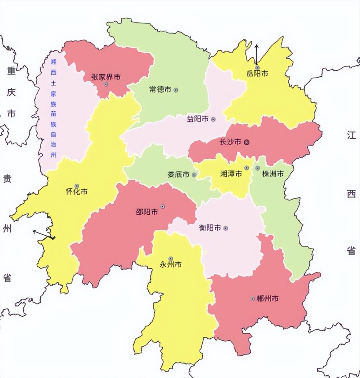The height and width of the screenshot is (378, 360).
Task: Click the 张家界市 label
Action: click(106, 77)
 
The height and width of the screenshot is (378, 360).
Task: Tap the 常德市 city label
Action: click(160, 90)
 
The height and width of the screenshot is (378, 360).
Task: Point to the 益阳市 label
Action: click(198, 119)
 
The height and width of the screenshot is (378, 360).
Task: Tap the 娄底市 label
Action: click(178, 175)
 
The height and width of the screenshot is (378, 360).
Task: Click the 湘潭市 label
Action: click(231, 174)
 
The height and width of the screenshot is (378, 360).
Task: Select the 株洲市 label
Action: click(273, 174)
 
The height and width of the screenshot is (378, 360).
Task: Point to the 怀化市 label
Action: click(76, 192)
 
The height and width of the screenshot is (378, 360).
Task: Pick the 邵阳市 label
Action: click(147, 212)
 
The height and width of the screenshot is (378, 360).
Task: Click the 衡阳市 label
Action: click(210, 228)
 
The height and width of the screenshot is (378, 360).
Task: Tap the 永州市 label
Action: click(171, 264)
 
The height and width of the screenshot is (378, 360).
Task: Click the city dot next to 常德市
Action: click(175, 90)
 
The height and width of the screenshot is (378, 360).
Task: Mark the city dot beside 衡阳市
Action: click(226, 228)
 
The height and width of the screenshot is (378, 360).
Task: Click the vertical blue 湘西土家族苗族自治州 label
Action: click(53, 108)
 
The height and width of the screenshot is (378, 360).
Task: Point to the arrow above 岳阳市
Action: click(256, 54)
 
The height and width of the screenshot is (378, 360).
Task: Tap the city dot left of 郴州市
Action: click(252, 299)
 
